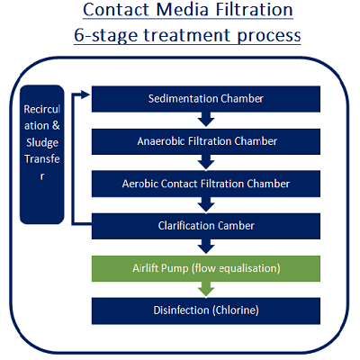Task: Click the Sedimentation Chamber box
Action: pyautogui.click(x=206, y=99)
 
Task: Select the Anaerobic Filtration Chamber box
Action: pyautogui.click(x=206, y=141)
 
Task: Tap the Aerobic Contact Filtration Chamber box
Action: pyautogui.click(x=206, y=184)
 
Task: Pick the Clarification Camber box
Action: pyautogui.click(x=206, y=226)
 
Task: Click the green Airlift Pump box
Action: pyautogui.click(x=206, y=268)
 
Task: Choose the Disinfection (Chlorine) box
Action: pyautogui.click(x=206, y=310)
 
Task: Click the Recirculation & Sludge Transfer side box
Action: pyautogui.click(x=42, y=155)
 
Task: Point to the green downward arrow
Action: pyautogui.click(x=206, y=289)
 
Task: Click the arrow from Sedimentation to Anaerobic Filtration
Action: pyautogui.click(x=206, y=120)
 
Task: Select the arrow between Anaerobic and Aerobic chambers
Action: pyautogui.click(x=206, y=162)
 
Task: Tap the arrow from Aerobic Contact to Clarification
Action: pyautogui.click(x=206, y=204)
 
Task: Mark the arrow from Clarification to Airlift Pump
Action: pyautogui.click(x=206, y=247)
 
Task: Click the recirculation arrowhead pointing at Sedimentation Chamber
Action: pyautogui.click(x=85, y=95)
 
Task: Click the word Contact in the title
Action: pyautogui.click(x=116, y=10)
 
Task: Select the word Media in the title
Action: pyautogui.click(x=182, y=10)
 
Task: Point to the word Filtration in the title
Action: pyautogui.click(x=254, y=10)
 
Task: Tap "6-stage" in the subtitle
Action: pyautogui.click(x=106, y=36)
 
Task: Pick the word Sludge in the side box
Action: pyautogui.click(x=42, y=143)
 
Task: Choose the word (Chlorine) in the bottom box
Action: pyautogui.click(x=236, y=310)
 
